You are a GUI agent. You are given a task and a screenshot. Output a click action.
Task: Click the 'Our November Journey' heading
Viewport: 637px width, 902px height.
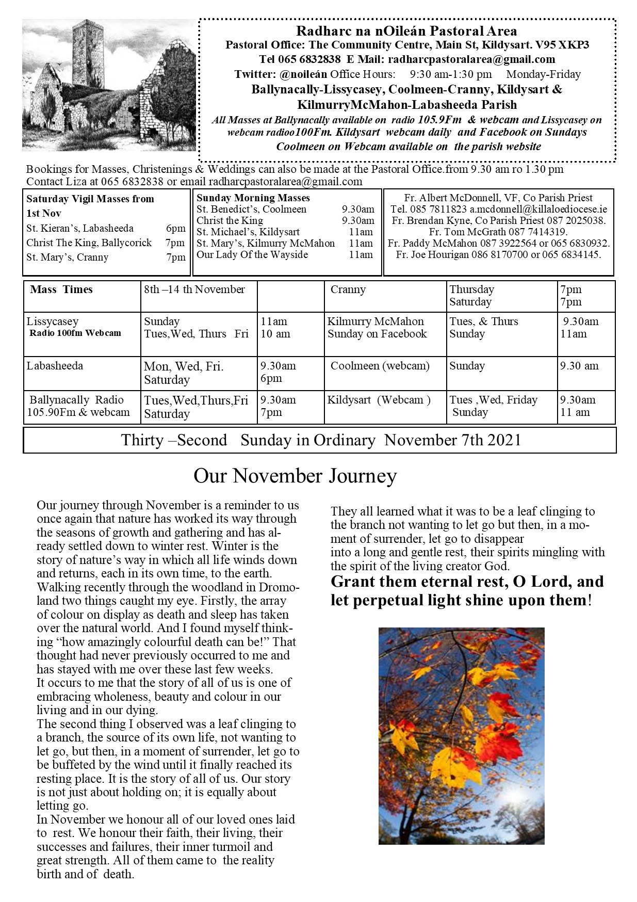coord(295,476)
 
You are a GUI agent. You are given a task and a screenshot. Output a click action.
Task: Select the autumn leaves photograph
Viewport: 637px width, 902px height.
coord(461,736)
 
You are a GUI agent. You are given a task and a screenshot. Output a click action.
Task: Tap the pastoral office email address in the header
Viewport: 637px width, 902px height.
coord(471,60)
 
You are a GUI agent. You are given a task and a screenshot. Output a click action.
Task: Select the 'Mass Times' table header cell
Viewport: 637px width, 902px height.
coord(61,289)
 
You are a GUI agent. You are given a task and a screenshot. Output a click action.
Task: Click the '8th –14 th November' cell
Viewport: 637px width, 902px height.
coord(194,289)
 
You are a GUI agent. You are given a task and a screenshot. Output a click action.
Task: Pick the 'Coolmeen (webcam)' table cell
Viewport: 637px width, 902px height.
coord(380,366)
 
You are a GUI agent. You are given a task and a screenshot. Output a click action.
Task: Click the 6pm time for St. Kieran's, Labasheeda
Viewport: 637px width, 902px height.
coord(175,228)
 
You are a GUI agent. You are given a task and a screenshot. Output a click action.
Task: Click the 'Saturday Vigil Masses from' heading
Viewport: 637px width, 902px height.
coord(90,199)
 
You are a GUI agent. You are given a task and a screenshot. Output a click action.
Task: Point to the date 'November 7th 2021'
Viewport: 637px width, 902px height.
coord(453,440)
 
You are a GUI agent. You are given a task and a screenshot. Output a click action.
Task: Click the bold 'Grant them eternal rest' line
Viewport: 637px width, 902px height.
coord(467,582)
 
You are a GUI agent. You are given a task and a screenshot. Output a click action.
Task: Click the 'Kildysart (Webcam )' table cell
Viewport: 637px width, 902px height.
coord(379,400)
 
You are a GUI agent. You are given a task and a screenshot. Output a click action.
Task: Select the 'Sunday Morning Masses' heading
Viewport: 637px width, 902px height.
coord(253,198)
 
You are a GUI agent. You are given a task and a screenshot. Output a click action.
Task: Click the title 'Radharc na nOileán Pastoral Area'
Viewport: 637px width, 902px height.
coord(406,31)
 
